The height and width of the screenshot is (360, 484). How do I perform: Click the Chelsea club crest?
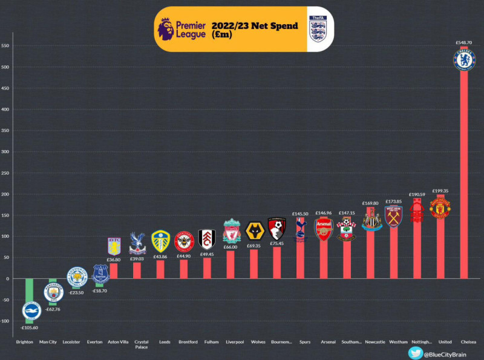(x=464, y=59)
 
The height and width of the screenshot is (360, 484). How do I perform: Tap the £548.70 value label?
(x=464, y=43)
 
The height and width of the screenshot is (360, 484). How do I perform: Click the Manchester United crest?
(x=440, y=208)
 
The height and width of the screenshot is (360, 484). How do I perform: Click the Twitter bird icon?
(x=415, y=353)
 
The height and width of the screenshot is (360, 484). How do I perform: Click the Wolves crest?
(x=254, y=231)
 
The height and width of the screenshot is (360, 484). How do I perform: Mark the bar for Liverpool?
(x=231, y=264)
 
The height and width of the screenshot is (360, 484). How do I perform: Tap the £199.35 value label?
(x=440, y=191)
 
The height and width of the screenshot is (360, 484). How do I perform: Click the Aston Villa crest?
(x=114, y=246)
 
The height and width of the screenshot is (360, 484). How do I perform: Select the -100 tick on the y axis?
(x=5, y=321)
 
